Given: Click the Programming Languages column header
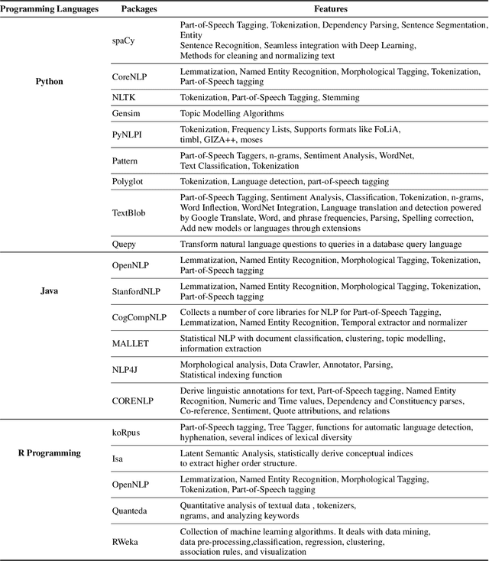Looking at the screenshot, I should pyautogui.click(x=50, y=9).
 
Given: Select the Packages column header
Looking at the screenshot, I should pyautogui.click(x=138, y=9).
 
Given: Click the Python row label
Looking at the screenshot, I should pyautogui.click(x=50, y=80).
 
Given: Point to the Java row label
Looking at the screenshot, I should pyautogui.click(x=50, y=290).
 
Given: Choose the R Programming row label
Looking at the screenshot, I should pyautogui.click(x=50, y=452).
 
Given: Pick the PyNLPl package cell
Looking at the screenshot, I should pyautogui.click(x=128, y=134).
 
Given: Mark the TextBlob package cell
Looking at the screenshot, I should pyautogui.click(x=130, y=213).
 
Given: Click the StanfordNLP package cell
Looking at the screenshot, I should pyautogui.click(x=136, y=291).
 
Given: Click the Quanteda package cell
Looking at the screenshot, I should pyautogui.click(x=131, y=511).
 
